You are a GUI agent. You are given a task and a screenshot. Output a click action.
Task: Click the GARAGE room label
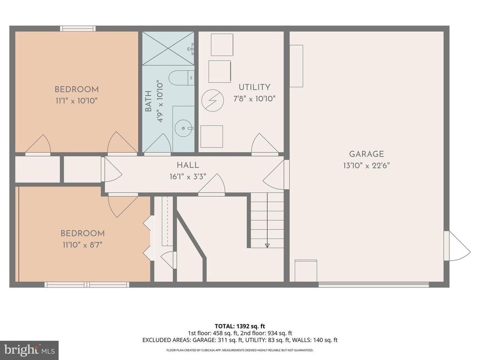coord(366,154)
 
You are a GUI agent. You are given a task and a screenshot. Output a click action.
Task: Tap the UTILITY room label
coord(254,87)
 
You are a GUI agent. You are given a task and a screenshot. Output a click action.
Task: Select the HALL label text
coord(188,165)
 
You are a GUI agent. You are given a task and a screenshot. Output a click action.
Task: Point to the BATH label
coord(148,101)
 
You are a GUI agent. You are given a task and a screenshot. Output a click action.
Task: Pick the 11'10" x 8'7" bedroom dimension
coord(82,244)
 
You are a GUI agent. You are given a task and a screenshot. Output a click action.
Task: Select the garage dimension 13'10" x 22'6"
coord(366,165)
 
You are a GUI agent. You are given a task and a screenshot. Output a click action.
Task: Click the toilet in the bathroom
coord(184,78)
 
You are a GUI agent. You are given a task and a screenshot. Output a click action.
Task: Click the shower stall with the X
coord(168,48)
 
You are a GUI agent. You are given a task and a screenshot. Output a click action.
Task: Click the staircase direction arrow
coord(267,245)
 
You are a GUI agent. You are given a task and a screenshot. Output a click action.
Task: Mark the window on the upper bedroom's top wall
coord(78,29)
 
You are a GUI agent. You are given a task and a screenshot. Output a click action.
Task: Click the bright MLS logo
coord(30,350)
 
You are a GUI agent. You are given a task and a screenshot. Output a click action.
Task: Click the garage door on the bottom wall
coord(373,284)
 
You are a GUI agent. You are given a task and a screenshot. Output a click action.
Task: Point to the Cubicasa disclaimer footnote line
coord(240,350)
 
